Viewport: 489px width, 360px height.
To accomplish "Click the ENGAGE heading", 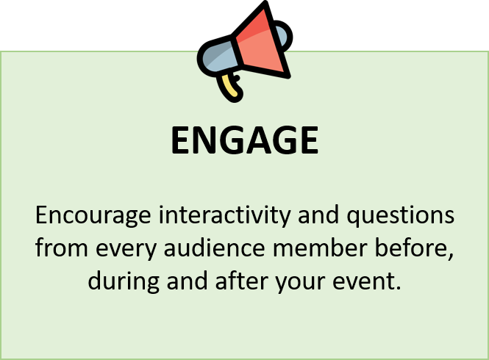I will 244,140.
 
